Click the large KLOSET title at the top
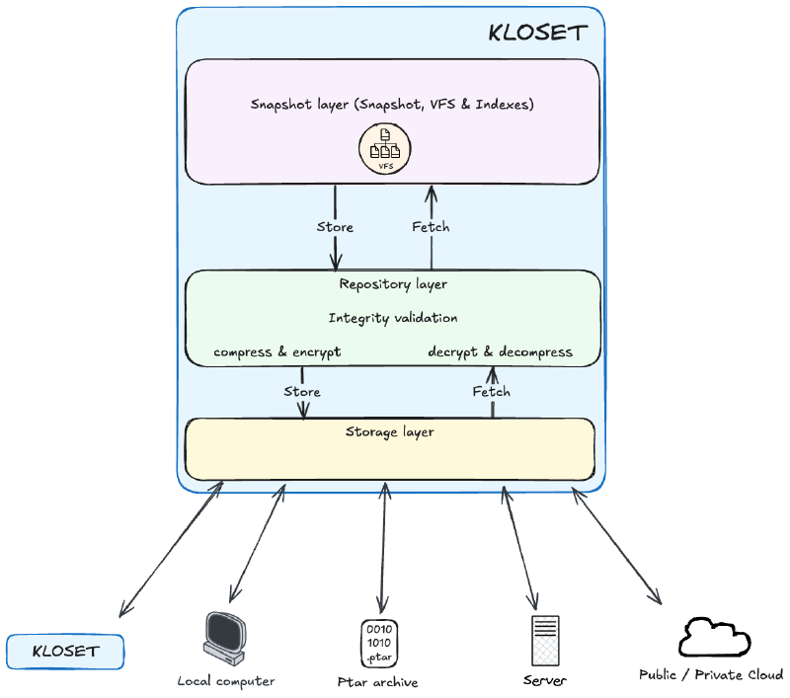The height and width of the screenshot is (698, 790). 537,33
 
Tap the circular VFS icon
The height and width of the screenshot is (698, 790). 385,148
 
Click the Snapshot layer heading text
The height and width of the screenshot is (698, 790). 392,105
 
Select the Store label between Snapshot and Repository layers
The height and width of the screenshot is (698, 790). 335,227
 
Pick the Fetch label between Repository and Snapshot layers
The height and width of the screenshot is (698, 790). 431,227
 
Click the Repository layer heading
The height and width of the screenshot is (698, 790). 393,284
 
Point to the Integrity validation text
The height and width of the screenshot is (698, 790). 393,318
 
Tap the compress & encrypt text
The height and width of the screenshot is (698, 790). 277,352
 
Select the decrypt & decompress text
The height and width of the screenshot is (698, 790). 501,352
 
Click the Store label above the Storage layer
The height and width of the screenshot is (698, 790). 302,392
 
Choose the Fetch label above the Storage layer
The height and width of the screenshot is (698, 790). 491,392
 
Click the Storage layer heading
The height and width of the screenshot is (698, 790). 389,432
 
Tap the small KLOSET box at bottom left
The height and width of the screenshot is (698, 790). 65,652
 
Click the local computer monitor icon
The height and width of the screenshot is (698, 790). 225,639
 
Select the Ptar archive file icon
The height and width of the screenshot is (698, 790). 379,644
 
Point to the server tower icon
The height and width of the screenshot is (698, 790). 545,641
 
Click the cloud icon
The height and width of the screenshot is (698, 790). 714,637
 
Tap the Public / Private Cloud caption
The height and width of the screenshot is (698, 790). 711,675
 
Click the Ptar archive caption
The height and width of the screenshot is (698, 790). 378,682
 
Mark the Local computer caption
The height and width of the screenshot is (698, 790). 226,681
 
